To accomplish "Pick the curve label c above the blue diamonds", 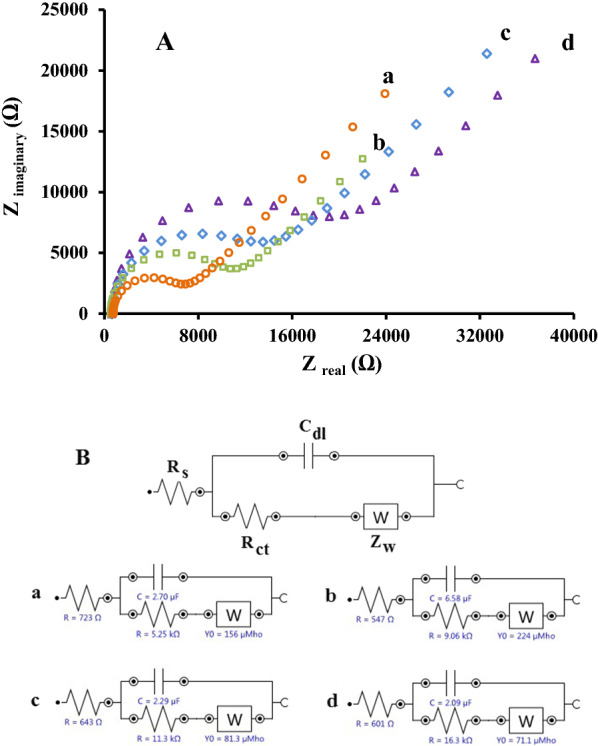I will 506,34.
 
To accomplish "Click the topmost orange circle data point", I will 384,94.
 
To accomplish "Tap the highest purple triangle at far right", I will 535,59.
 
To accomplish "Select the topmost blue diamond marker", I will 487,54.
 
